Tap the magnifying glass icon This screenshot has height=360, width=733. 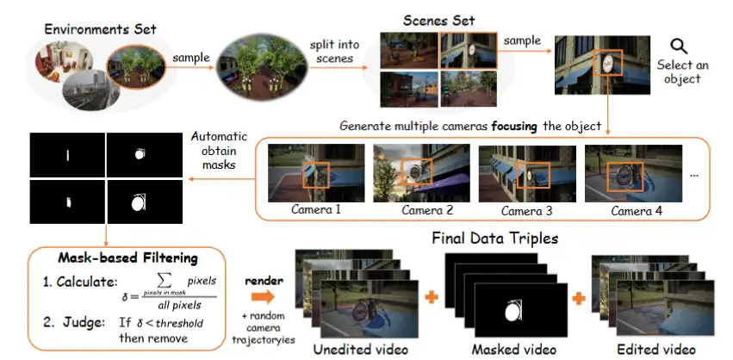[679, 47]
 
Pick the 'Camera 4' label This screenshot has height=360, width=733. [634, 210]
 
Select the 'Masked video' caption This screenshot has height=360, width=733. [503, 351]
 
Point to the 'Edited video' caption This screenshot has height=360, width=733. [657, 351]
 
